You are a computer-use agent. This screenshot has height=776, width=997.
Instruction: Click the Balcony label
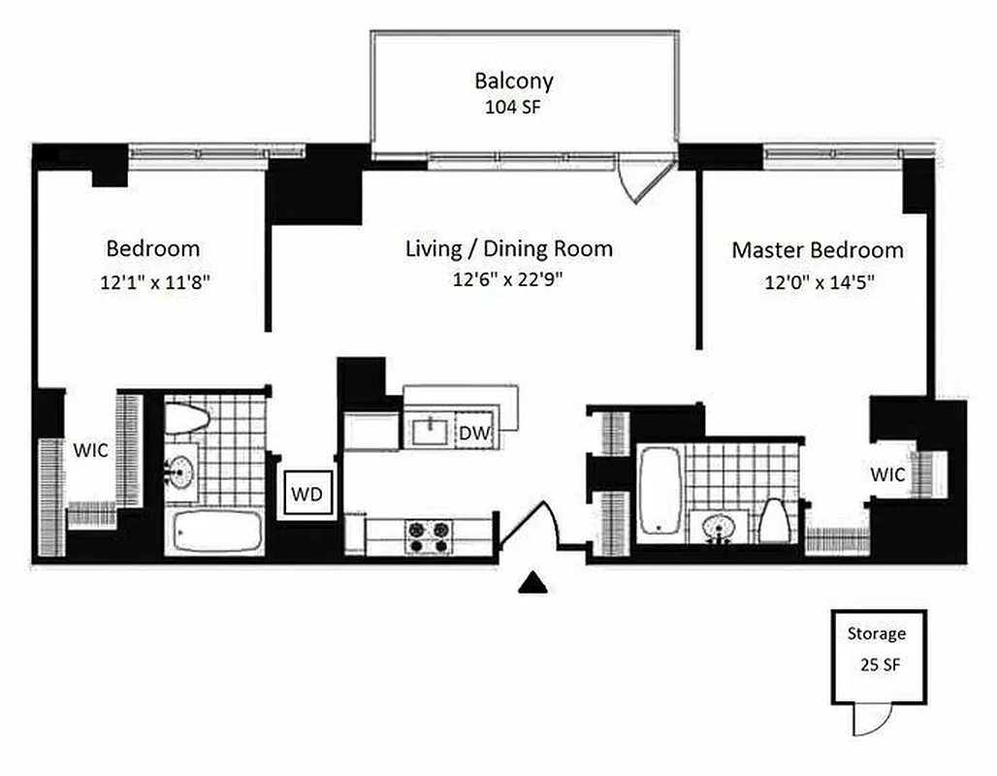pos(513,80)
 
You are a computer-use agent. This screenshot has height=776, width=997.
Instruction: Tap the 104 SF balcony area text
pos(513,107)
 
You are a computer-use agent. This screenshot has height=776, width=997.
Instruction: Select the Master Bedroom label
pos(817,250)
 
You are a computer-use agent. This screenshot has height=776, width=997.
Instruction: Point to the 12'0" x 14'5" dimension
pos(817,284)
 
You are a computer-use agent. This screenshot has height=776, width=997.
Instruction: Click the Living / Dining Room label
pos(508,248)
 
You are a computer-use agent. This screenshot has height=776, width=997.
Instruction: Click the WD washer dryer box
pos(307,494)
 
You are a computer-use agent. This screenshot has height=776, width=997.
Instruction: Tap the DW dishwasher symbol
pos(473,433)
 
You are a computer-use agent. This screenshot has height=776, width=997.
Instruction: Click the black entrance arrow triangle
pos(532,582)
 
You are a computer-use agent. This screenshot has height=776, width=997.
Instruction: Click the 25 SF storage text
pos(877,666)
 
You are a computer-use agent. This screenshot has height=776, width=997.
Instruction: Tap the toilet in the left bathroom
pos(187,418)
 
